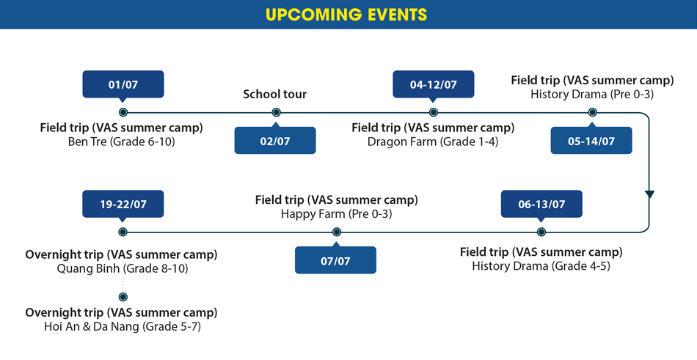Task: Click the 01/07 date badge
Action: point(123,84)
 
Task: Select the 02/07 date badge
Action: point(275,141)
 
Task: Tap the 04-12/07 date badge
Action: point(434,84)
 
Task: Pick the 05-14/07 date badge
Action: point(591,141)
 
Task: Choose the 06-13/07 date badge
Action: point(541,204)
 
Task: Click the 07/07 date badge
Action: point(335,260)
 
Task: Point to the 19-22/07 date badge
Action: point(123,204)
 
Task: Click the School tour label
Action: point(274,95)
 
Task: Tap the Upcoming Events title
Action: point(346,14)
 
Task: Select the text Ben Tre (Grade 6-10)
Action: point(122,142)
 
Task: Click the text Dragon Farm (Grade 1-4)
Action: point(434,142)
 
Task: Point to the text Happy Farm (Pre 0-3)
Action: point(337,214)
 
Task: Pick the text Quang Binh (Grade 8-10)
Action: point(123,269)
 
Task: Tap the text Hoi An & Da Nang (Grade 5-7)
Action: point(123,327)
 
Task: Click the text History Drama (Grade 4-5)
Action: point(541,266)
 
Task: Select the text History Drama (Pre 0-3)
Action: point(592,95)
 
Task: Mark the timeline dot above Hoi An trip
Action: point(123,297)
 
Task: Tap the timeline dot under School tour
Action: point(276,112)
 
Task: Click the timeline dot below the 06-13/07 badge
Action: point(541,232)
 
